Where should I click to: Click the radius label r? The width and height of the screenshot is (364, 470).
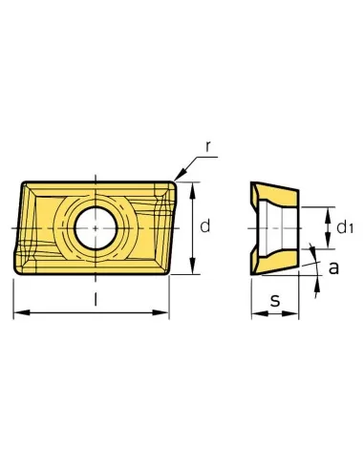click(208, 146)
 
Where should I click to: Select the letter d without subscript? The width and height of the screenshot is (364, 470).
click(203, 225)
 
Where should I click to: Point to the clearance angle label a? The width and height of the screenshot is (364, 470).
click(332, 269)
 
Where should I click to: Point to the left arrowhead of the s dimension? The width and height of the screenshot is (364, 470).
click(255, 313)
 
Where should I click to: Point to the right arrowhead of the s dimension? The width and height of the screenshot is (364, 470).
click(296, 313)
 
